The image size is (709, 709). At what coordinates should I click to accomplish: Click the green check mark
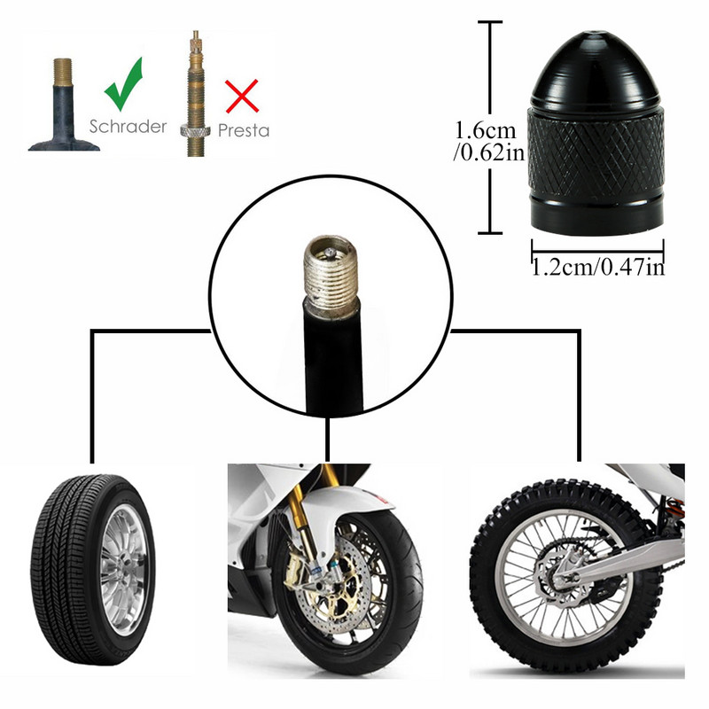pyautogui.click(x=123, y=85)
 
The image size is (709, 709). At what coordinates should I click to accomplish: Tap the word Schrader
pyautogui.click(x=128, y=126)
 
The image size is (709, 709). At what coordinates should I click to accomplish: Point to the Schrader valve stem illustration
pyautogui.click(x=63, y=106)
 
